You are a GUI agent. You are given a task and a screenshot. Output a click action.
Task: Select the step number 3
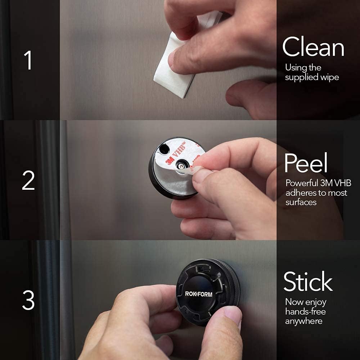point(28,300)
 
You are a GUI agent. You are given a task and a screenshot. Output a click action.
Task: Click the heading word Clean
point(313,48)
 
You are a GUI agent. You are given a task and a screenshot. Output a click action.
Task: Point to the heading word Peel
point(306,163)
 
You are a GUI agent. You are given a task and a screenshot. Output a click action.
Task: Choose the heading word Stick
point(308,282)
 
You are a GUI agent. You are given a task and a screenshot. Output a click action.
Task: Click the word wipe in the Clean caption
point(330,77)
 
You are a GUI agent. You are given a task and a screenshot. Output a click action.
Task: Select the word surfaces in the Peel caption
point(301,202)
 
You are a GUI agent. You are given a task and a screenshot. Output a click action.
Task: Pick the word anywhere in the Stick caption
point(303,321)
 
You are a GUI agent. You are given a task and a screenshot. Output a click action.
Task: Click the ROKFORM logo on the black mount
point(199,294)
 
